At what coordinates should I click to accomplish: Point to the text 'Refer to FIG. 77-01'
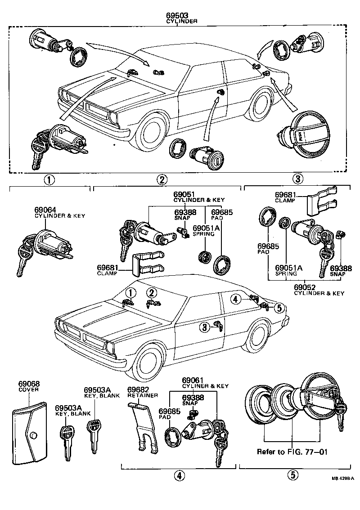click(x=292, y=452)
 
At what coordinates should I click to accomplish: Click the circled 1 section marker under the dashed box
click(x=49, y=180)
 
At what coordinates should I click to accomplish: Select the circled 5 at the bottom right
click(x=292, y=474)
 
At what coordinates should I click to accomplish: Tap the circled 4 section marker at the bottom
click(x=178, y=475)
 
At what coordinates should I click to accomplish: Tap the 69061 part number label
click(x=192, y=380)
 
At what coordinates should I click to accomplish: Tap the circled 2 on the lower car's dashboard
click(x=152, y=293)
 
